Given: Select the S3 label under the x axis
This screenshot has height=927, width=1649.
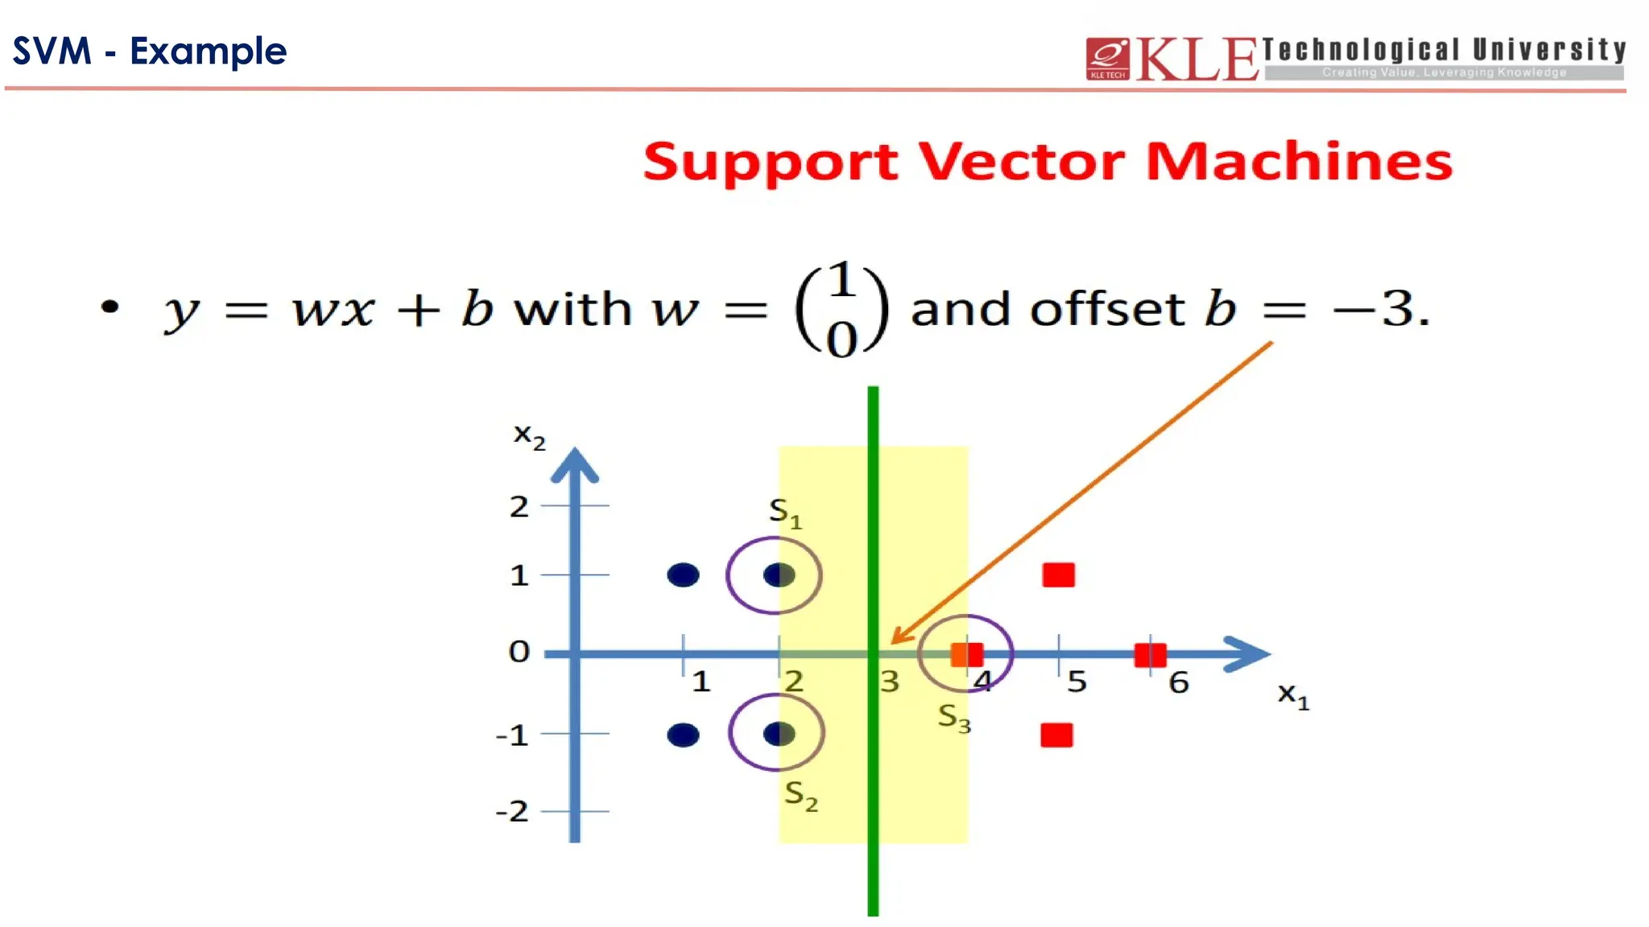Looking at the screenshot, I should click(x=954, y=717).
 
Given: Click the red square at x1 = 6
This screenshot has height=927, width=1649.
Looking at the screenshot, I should click(x=1150, y=655).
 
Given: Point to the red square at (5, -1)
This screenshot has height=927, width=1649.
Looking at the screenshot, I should click(x=1056, y=735).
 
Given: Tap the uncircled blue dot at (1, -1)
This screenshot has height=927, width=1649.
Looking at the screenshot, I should click(x=683, y=735).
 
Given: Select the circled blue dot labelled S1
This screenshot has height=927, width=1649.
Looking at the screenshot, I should click(x=779, y=575).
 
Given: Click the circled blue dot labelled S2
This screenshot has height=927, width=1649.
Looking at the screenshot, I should click(x=779, y=734).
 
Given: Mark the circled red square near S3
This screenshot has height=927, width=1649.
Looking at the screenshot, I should click(x=966, y=655).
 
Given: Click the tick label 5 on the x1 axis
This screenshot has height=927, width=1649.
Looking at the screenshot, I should click(x=1077, y=682).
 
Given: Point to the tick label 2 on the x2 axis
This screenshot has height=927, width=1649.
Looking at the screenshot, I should click(x=519, y=507).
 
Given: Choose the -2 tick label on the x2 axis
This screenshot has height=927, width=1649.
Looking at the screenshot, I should click(x=513, y=811).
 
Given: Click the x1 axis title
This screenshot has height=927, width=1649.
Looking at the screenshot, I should click(x=1293, y=695).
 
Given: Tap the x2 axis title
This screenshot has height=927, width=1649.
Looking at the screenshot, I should click(x=529, y=437).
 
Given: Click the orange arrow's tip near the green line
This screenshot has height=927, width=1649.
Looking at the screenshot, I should click(x=893, y=642).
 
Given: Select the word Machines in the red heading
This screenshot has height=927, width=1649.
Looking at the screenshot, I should click(x=1299, y=162).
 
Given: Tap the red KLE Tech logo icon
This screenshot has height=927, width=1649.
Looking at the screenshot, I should click(x=1108, y=59).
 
